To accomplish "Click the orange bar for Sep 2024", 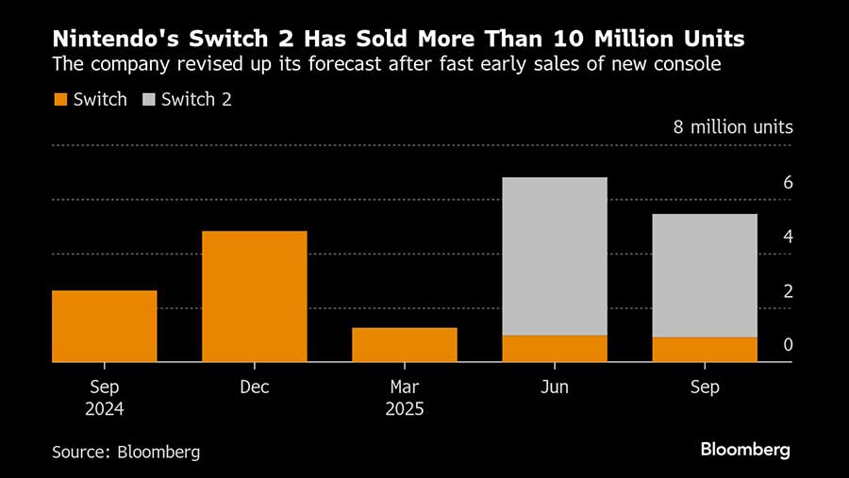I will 104,325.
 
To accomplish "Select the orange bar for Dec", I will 255,296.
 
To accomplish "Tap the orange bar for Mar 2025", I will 405,344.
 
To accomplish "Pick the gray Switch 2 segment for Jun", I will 555,255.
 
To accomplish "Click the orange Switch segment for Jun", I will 555,348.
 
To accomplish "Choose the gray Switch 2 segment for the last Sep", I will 705,275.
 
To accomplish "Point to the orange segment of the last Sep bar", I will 705,349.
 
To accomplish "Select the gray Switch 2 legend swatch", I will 149,99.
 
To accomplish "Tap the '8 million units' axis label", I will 732,127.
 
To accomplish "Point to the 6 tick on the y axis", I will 788,183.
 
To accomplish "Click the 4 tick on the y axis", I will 788,237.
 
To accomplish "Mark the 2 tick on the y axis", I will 788,291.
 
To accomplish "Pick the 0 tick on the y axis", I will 788,345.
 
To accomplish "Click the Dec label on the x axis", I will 255,387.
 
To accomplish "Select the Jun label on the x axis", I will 555,387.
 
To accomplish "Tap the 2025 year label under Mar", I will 404,410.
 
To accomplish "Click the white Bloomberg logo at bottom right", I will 745,450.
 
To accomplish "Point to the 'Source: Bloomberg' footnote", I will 126,452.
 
